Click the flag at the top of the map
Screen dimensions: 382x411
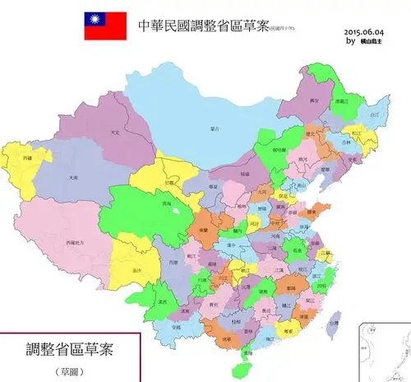click(104, 26)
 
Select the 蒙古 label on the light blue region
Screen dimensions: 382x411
click(216, 128)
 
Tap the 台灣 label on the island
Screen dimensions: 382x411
click(332, 326)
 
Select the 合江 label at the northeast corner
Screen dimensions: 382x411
click(375, 115)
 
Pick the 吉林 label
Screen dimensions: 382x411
click(345, 142)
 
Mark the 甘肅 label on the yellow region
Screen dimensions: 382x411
click(169, 182)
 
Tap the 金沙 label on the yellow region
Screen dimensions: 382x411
click(135, 269)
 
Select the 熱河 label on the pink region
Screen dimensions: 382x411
click(302, 159)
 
